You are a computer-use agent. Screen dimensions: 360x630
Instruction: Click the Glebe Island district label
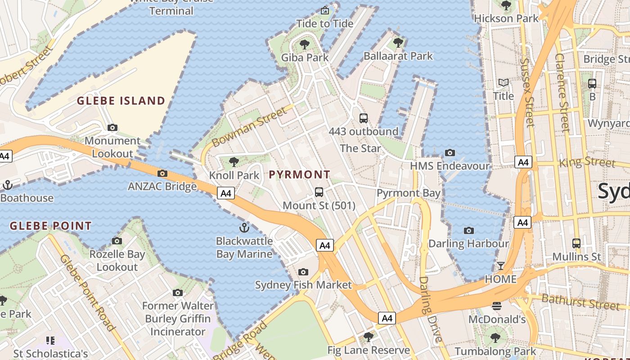click(x=121, y=101)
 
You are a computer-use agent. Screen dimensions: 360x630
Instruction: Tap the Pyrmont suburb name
click(x=300, y=175)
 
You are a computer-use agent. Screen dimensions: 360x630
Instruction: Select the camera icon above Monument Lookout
click(x=112, y=128)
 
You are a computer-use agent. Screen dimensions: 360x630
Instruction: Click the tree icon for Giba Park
click(x=305, y=44)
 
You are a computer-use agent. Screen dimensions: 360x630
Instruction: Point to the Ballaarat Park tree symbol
click(x=398, y=43)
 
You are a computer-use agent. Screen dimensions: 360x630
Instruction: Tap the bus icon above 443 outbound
click(x=363, y=118)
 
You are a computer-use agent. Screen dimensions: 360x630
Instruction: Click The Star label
click(x=360, y=148)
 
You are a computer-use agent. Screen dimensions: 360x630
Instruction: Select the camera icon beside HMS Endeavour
click(x=450, y=153)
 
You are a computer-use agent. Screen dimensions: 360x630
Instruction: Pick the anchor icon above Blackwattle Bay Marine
click(x=244, y=227)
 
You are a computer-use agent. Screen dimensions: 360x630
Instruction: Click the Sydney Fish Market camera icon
click(x=303, y=272)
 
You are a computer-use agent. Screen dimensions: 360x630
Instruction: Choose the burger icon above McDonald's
click(x=497, y=306)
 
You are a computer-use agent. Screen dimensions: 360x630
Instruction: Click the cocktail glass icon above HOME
click(x=500, y=266)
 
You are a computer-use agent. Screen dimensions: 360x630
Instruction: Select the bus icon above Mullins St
click(x=576, y=243)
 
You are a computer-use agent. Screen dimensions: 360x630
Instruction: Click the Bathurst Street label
click(x=580, y=301)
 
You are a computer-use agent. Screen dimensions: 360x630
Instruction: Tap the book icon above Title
click(x=503, y=83)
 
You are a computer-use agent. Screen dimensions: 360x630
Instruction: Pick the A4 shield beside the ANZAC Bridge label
click(x=226, y=193)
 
